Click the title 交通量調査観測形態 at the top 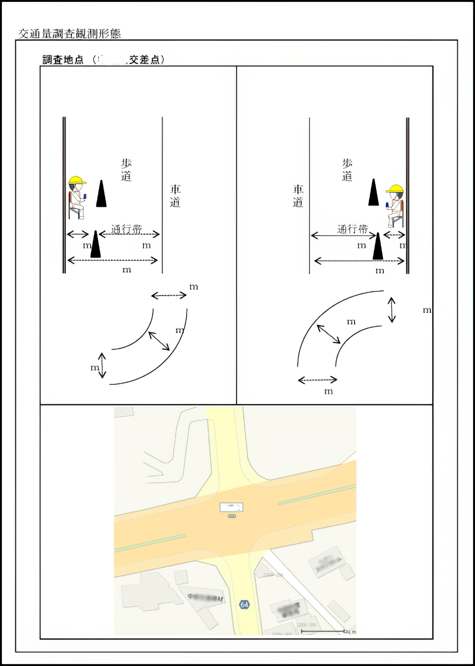click(x=70, y=34)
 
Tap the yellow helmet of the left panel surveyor click(x=76, y=181)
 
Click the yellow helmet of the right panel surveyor click(x=395, y=189)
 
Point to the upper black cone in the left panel click(x=101, y=194)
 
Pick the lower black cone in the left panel click(x=95, y=245)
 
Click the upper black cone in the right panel click(x=373, y=193)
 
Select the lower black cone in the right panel click(x=378, y=247)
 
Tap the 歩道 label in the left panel click(x=126, y=170)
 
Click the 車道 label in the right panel click(x=298, y=196)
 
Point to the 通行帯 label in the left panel click(x=127, y=229)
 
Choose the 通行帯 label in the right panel click(x=352, y=229)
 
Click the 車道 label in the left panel click(x=175, y=196)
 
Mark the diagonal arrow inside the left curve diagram click(x=159, y=341)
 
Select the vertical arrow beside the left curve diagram click(x=102, y=365)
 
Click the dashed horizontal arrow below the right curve click(x=317, y=380)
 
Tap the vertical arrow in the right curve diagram click(x=392, y=310)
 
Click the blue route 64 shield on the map click(x=244, y=605)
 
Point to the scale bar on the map click(x=322, y=631)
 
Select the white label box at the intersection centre click(x=231, y=507)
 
